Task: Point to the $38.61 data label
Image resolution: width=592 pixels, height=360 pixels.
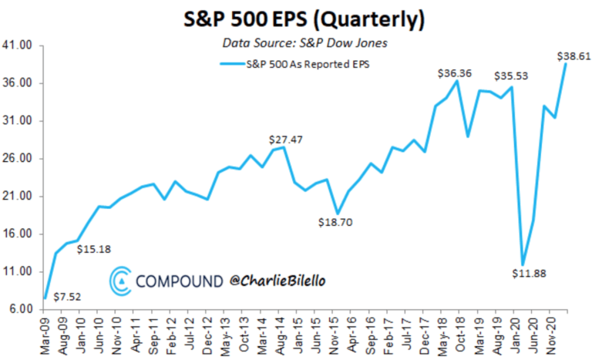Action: (x=571, y=56)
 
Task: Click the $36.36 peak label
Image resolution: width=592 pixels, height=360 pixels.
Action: (x=454, y=73)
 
